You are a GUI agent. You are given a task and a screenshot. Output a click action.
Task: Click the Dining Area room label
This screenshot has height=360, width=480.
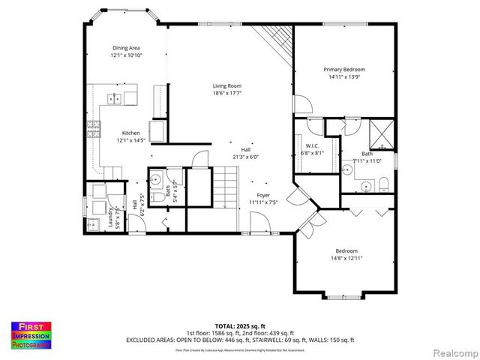click(127, 47)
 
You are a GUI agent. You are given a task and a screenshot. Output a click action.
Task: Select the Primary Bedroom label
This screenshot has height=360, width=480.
click(343, 69)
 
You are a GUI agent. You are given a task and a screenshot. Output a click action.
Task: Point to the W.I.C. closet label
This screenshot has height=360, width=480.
click(311, 145)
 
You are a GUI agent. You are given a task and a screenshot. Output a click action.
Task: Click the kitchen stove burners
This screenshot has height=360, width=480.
click(94, 130)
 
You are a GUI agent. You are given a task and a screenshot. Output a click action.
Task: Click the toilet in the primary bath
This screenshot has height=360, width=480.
click(382, 184)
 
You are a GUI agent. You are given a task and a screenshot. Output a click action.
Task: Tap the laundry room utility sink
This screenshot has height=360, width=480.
click(94, 223)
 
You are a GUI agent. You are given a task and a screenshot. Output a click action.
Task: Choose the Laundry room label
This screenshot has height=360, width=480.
click(110, 217)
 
